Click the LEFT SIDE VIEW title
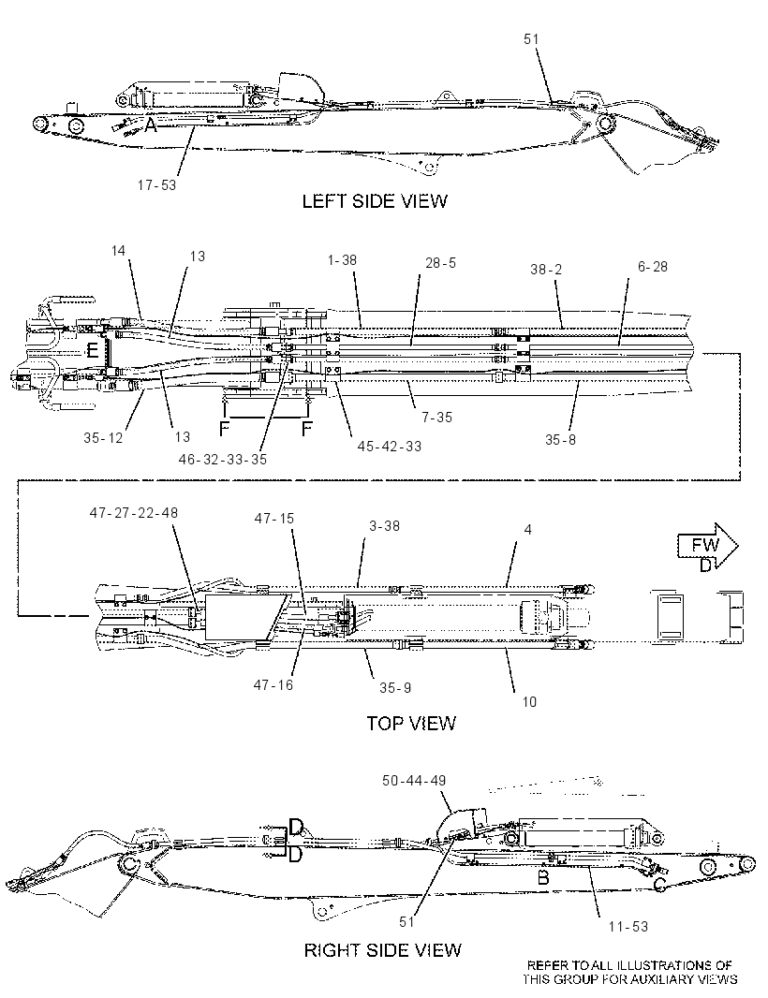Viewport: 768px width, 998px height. pyautogui.click(x=375, y=201)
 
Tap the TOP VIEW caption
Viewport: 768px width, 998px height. pyautogui.click(x=411, y=723)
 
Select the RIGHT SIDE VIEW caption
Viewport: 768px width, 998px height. pyautogui.click(x=383, y=950)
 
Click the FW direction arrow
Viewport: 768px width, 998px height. pyautogui.click(x=707, y=546)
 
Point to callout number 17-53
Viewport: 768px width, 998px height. pyautogui.click(x=156, y=185)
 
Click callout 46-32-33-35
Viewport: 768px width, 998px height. pyautogui.click(x=222, y=460)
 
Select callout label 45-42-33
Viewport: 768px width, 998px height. pyautogui.click(x=389, y=447)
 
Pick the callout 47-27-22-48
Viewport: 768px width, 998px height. pyautogui.click(x=134, y=512)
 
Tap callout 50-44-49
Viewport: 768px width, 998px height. pyautogui.click(x=414, y=780)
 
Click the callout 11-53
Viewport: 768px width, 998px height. pyautogui.click(x=628, y=927)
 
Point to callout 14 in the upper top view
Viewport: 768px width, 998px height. pyautogui.click(x=118, y=251)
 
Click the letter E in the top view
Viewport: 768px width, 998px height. pyautogui.click(x=93, y=350)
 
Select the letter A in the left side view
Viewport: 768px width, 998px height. pyautogui.click(x=150, y=125)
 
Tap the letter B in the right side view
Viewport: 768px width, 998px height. pyautogui.click(x=543, y=878)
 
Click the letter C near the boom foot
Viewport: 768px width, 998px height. pyautogui.click(x=660, y=884)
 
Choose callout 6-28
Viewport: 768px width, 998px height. pyautogui.click(x=653, y=267)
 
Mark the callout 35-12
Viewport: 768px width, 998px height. pyautogui.click(x=103, y=438)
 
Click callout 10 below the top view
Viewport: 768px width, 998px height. pyautogui.click(x=529, y=702)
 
